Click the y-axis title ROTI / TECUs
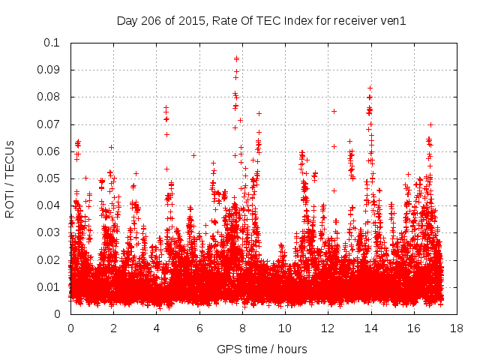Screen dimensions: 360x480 click(10, 178)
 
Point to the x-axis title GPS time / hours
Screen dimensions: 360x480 click(262, 349)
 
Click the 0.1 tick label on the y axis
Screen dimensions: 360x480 click(52, 43)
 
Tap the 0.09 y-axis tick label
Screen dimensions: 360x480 click(49, 70)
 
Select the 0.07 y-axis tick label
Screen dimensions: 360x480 click(49, 124)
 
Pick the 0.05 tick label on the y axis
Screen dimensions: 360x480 click(49, 178)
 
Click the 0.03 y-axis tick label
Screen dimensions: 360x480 click(49, 232)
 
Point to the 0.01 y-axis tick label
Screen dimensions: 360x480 click(49, 286)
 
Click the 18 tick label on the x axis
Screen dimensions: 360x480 click(457, 328)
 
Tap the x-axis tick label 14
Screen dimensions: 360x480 click(370, 328)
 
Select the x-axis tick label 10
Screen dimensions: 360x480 click(285, 328)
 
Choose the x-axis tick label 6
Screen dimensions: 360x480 click(199, 328)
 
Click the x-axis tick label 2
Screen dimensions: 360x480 click(113, 328)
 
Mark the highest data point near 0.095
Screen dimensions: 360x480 click(237, 58)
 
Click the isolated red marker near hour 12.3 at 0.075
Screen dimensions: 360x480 click(334, 111)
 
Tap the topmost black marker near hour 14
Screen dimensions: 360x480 click(370, 88)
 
